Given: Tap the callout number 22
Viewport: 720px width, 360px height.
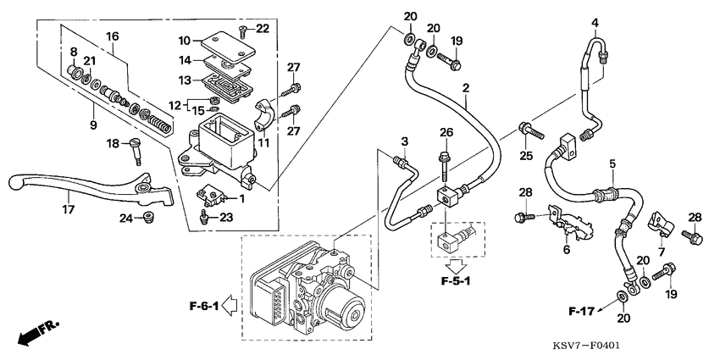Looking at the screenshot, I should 263,29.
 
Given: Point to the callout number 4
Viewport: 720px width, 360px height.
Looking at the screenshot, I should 595,22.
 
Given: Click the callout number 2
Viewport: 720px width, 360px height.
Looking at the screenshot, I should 465,88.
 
